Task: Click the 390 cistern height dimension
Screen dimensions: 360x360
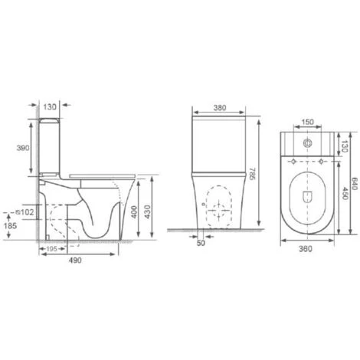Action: [23, 148]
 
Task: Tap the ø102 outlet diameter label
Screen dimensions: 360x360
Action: [25, 212]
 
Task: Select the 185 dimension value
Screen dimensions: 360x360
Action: [10, 226]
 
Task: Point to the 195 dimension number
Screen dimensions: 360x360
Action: [52, 249]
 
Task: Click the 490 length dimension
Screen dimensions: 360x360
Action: [75, 260]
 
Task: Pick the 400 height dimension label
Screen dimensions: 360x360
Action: [134, 212]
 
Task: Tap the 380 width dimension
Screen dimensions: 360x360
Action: [220, 108]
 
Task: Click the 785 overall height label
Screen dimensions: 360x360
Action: [252, 174]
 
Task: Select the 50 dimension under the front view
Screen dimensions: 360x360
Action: [201, 243]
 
